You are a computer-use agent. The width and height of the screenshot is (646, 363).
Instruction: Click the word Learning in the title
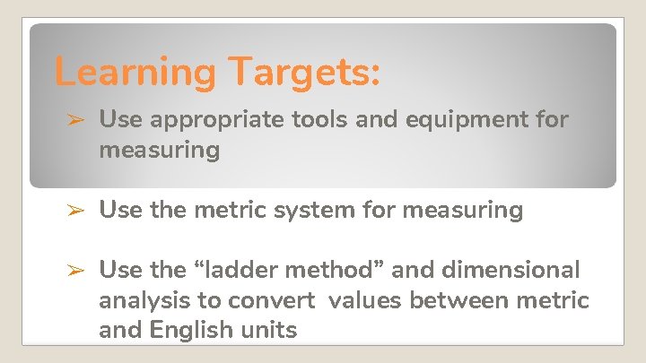point(134,72)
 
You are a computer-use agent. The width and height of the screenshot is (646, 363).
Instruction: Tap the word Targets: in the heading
point(302,72)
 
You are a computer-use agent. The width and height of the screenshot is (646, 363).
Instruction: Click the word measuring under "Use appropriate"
point(159,150)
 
